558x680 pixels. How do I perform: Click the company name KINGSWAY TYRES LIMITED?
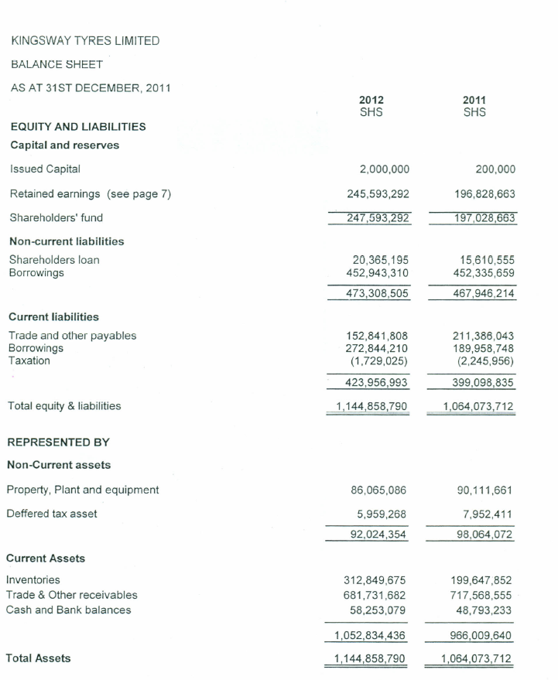point(85,40)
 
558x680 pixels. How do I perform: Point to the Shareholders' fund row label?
point(56,217)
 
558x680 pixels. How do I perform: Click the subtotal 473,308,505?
point(376,293)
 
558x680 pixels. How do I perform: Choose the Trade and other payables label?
point(72,335)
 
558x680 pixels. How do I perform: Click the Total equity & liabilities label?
point(64,405)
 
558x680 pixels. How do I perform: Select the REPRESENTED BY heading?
point(58,443)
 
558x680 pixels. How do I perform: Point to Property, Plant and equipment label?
point(83,490)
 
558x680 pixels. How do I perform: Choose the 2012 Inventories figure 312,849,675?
point(376,580)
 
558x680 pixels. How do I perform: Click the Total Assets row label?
point(38,658)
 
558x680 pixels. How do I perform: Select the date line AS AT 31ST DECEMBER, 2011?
point(90,88)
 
